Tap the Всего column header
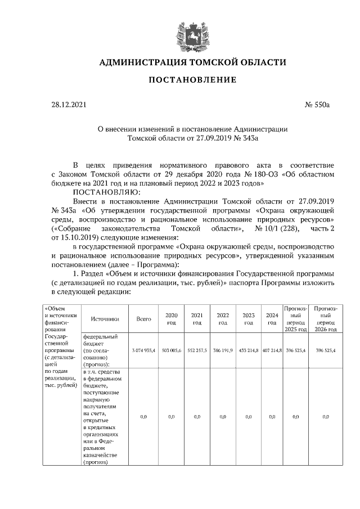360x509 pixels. pyautogui.click(x=144, y=319)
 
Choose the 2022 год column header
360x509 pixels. pyautogui.click(x=223, y=319)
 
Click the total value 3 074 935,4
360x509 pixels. pyautogui.click(x=144, y=350)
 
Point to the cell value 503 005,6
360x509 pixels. pyautogui.click(x=172, y=350)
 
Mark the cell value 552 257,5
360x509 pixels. pyautogui.click(x=197, y=350)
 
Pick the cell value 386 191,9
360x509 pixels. pyautogui.click(x=223, y=350)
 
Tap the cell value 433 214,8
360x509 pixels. pyautogui.click(x=248, y=350)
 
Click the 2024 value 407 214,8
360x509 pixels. pyautogui.click(x=272, y=350)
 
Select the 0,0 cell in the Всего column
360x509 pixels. pyautogui.click(x=144, y=417)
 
